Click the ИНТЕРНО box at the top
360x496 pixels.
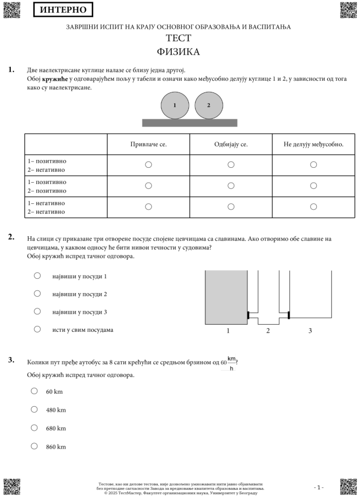coord(63,10)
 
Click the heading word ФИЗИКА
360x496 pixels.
coord(178,52)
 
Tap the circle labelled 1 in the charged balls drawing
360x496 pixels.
coord(174,105)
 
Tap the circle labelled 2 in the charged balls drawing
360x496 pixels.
coord(208,105)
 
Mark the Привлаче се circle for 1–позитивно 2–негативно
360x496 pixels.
coord(148,165)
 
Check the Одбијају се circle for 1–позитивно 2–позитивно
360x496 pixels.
coord(231,186)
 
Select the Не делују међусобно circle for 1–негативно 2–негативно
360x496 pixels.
coord(314,207)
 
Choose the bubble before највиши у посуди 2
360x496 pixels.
coord(37,294)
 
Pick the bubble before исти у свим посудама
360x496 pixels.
coord(37,329)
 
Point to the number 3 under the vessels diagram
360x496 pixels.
coord(310,331)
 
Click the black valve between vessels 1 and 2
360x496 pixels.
coord(248,315)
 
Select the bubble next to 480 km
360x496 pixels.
coord(34,410)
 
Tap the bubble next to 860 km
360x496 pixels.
coord(34,446)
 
